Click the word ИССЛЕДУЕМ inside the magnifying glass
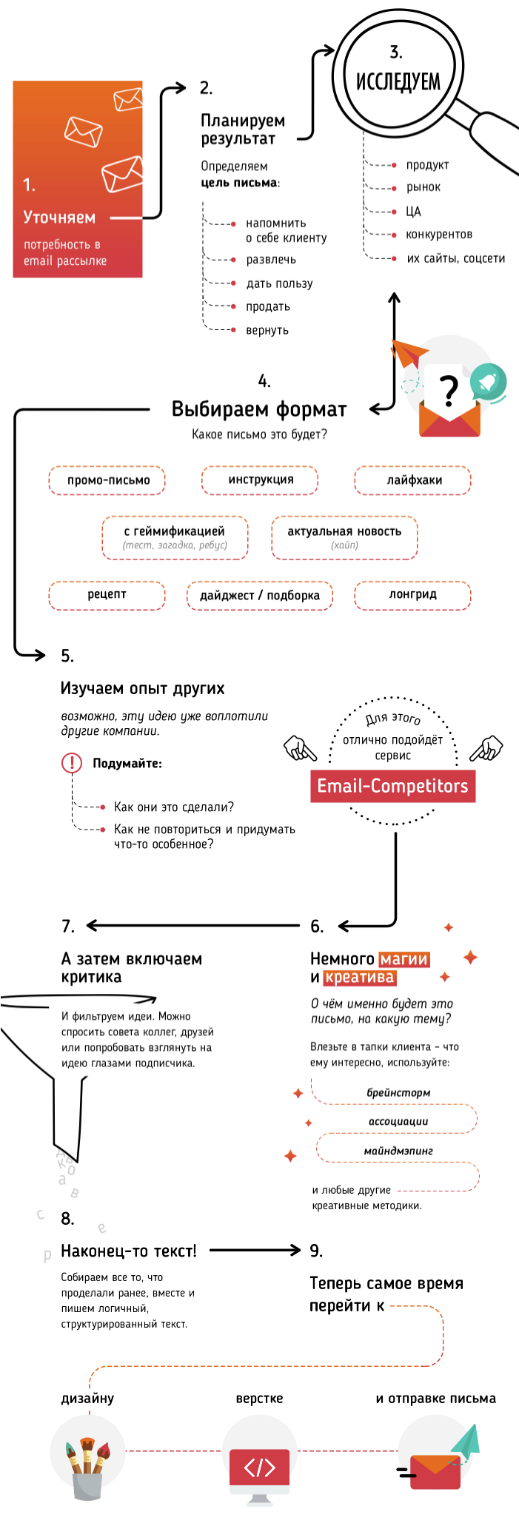[398, 81]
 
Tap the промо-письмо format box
[107, 480]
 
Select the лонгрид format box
[412, 595]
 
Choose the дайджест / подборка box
[260, 596]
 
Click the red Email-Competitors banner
[392, 786]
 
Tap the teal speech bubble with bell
[488, 382]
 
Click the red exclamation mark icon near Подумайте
[72, 763]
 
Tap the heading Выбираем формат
[259, 409]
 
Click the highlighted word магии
[404, 959]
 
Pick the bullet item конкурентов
[438, 235]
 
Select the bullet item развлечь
[271, 260]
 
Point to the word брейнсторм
[398, 1093]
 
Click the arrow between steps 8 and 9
[255, 1251]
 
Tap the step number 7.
[68, 927]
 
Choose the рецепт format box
[107, 595]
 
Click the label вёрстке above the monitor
[259, 1399]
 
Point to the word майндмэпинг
[398, 1152]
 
